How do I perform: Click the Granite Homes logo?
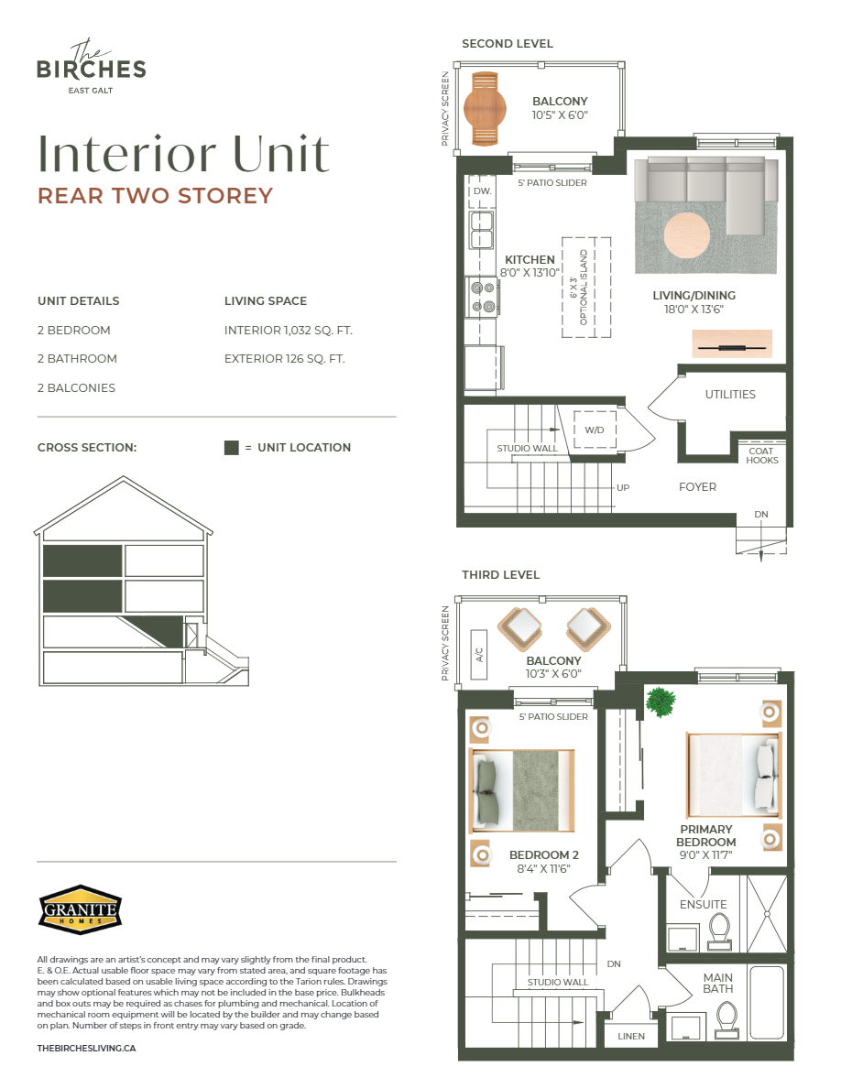(80, 909)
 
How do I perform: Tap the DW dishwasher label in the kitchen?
(481, 191)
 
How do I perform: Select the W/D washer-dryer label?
(595, 430)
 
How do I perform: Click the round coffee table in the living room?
(686, 235)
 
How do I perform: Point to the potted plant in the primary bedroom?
(659, 702)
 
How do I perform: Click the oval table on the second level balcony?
(485, 107)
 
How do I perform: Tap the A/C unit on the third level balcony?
(478, 655)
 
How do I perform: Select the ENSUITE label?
(704, 905)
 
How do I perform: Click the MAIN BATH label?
(718, 983)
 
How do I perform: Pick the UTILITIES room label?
(730, 395)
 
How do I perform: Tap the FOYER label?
(698, 487)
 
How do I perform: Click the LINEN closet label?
(630, 1037)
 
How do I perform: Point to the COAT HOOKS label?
(761, 455)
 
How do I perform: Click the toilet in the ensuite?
(718, 930)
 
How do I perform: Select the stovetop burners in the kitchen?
(483, 296)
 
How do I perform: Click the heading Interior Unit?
(183, 155)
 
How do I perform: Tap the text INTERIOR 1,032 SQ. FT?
(288, 330)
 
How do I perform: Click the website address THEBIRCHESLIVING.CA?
(86, 1048)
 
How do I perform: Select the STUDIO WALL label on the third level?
(557, 982)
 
